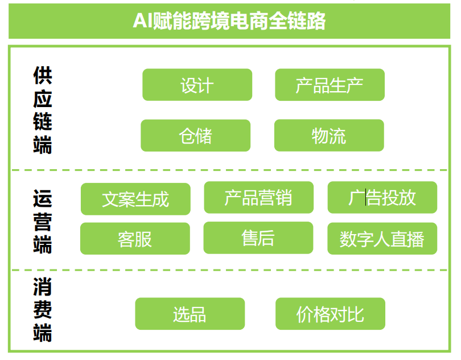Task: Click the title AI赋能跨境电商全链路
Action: [x=229, y=21]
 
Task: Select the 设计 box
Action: [x=197, y=85]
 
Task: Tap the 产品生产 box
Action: [x=330, y=85]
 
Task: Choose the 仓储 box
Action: [x=196, y=136]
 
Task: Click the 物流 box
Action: [x=329, y=136]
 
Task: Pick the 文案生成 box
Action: [x=135, y=199]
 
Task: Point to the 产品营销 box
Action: [x=259, y=197]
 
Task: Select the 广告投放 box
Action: [x=382, y=197]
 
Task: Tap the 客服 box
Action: [x=135, y=239]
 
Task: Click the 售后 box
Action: [x=258, y=238]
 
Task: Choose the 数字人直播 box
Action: [x=382, y=239]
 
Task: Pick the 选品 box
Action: [x=190, y=314]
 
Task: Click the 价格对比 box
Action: [x=330, y=314]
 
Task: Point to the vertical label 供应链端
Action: [x=43, y=110]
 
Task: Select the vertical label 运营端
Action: [x=43, y=222]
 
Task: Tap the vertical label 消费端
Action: [x=43, y=310]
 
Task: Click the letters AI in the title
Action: [x=143, y=21]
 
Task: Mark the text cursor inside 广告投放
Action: [x=366, y=197]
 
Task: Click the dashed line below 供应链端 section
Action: [x=229, y=170]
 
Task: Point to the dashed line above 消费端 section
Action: [x=229, y=270]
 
